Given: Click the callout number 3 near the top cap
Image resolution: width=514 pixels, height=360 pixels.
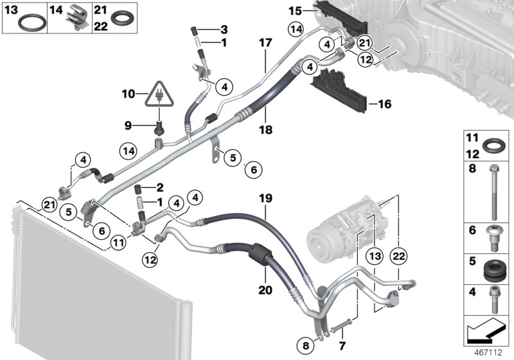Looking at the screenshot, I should [x=224, y=30].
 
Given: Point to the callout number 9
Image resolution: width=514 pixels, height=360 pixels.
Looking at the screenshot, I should [x=127, y=124].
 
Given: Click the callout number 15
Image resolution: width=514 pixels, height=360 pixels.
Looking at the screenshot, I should [x=294, y=11].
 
